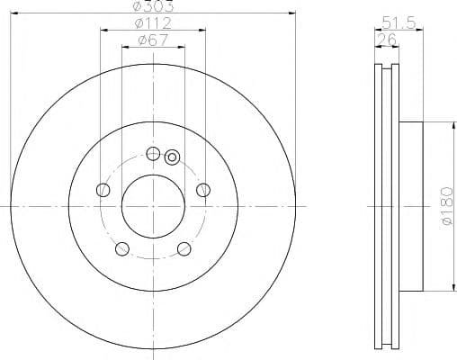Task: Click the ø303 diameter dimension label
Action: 151,6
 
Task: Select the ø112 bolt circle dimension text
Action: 151,22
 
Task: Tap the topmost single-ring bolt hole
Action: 152,153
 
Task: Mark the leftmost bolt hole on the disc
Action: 103,189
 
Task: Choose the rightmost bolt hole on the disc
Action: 203,189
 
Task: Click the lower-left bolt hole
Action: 121,248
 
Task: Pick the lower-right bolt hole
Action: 184,248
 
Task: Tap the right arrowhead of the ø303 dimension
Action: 292,13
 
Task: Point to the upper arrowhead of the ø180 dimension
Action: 441,126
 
